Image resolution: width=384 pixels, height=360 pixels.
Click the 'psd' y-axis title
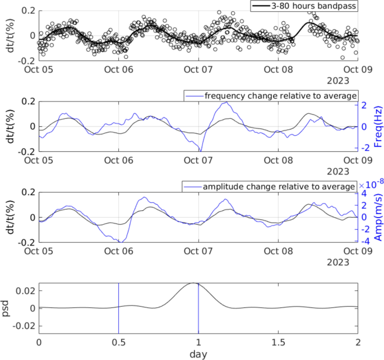tap(7, 308)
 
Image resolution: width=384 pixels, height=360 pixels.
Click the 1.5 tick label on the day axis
tap(278, 342)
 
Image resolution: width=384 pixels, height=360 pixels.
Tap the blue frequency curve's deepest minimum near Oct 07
tap(200, 150)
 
